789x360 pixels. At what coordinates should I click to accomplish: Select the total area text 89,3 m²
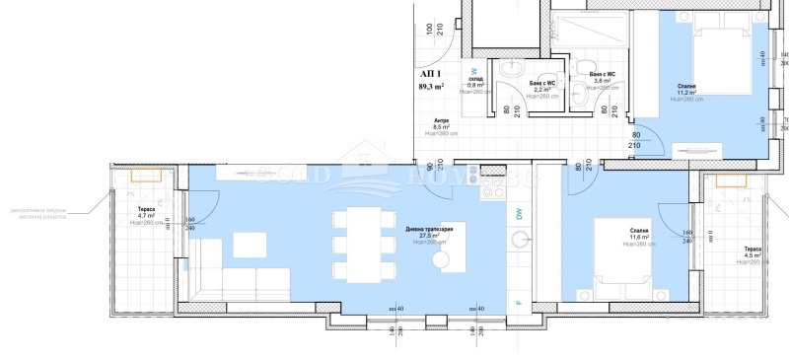431,87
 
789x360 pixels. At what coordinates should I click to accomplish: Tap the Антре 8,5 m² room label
441,126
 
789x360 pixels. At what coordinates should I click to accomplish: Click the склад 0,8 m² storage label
475,84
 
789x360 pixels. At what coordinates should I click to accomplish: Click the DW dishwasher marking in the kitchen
519,212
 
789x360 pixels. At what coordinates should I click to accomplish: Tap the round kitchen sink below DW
519,238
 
